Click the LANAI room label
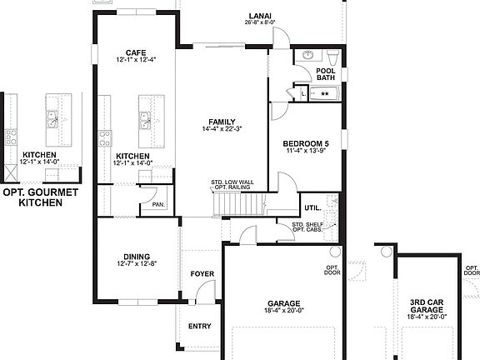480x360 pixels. coord(257,15)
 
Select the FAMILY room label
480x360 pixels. coord(222,121)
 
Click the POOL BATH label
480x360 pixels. coord(325,74)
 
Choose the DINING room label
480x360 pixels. coord(137,257)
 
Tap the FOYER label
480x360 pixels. coord(202,273)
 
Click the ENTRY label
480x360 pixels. coord(200,326)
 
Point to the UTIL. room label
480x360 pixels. coord(312,207)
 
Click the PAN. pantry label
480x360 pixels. coord(157,203)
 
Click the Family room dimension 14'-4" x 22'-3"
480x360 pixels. coord(222,129)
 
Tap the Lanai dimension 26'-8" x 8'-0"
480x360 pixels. coord(257,23)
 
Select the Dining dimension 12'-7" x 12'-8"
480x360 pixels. coord(137,264)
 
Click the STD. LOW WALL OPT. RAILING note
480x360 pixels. coord(231,186)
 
